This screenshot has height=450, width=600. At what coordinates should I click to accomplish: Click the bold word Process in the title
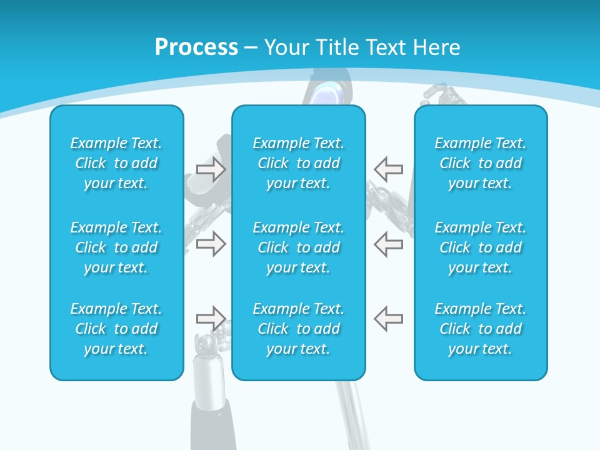(196, 47)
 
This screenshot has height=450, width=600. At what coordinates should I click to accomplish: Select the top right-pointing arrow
(211, 169)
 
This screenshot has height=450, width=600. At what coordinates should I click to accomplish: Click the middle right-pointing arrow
(211, 244)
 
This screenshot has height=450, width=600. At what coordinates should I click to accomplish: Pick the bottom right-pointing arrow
(211, 319)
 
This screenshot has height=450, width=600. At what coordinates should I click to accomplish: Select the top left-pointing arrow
(388, 169)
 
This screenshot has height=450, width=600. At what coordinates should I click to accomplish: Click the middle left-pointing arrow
(388, 244)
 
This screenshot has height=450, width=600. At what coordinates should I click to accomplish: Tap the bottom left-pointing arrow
(388, 319)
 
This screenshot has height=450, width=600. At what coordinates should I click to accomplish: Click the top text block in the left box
(116, 163)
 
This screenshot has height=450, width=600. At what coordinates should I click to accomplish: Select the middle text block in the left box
(116, 247)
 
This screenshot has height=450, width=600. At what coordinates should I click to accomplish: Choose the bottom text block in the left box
(116, 329)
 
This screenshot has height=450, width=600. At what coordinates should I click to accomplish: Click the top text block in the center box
(298, 163)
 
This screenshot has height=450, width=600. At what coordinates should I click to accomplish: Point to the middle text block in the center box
(298, 247)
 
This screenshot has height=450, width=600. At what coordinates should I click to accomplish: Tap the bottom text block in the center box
(298, 329)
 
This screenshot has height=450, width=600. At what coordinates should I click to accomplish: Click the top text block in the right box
(480, 163)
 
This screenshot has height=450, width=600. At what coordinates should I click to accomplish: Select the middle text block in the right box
(480, 247)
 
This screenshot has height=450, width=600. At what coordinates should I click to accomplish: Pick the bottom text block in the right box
(480, 329)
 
